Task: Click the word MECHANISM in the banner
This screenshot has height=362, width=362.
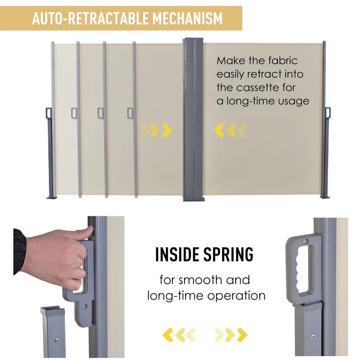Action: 188,18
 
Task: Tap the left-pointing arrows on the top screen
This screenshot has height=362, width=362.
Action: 230,131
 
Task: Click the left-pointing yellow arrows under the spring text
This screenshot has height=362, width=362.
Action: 179,335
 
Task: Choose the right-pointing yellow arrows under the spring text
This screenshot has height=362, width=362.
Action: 231,335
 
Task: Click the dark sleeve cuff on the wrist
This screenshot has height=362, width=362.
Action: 19,251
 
